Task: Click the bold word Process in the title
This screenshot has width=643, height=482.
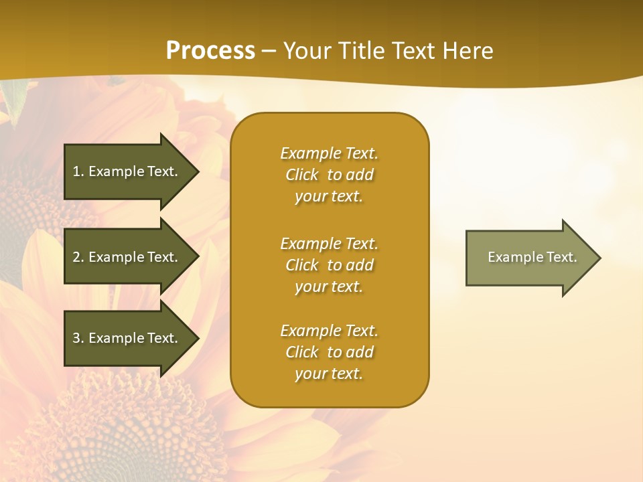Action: pos(210,51)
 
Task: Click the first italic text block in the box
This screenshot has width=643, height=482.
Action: pos(329,175)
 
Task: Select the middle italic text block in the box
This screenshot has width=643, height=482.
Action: pos(329,265)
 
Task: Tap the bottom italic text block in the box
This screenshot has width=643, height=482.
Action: pos(329,352)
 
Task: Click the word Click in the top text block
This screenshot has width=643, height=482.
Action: pos(302,175)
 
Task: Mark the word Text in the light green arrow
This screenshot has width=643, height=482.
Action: pos(562,257)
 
